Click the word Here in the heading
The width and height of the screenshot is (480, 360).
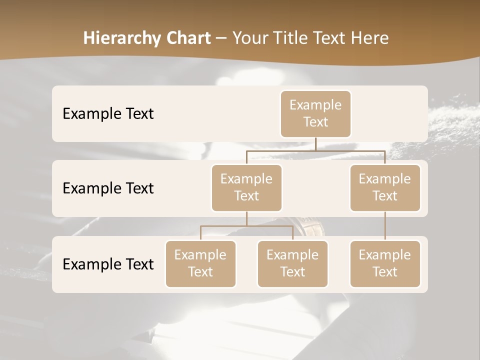pos(370,38)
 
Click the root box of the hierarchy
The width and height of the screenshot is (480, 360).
pos(315,113)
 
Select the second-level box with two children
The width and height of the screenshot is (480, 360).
pos(246,187)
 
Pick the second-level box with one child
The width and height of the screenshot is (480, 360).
pos(385,187)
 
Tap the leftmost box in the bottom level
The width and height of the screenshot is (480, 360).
pos(200,263)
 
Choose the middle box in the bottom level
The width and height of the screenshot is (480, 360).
pos(292,263)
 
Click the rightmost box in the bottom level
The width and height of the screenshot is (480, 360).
pos(385,263)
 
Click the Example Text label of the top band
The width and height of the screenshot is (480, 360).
pos(108,113)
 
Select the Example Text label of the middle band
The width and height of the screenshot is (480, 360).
pos(108,188)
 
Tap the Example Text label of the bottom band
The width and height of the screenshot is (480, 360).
pos(108,264)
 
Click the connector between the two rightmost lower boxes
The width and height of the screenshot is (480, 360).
pos(385,226)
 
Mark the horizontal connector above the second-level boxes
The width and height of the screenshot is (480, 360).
pos(315,150)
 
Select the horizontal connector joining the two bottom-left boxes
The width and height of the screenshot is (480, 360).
pos(246,226)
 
